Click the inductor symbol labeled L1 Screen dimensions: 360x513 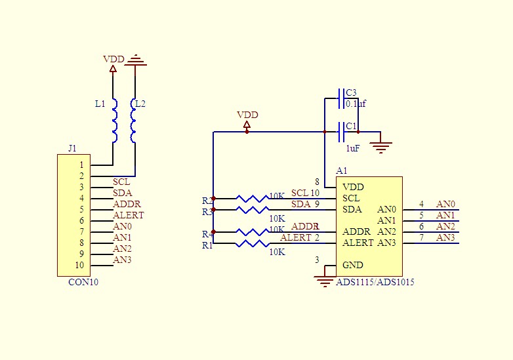click(114, 121)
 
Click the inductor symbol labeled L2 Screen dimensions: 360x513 click(134, 121)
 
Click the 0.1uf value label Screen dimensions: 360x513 click(356, 104)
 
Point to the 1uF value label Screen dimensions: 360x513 click(353, 148)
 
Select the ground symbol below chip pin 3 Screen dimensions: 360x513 click(324, 281)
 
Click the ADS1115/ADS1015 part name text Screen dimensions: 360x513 click(375, 282)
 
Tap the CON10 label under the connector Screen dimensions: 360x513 click(83, 283)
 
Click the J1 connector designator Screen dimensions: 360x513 click(72, 148)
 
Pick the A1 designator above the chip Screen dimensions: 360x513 click(341, 170)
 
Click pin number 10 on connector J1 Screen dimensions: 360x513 click(79, 266)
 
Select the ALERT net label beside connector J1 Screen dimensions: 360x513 click(128, 215)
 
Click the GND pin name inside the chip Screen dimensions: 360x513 click(352, 266)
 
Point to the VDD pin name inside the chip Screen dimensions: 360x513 click(353, 187)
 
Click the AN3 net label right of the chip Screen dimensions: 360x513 click(445, 237)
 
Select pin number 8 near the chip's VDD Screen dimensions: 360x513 click(318, 182)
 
